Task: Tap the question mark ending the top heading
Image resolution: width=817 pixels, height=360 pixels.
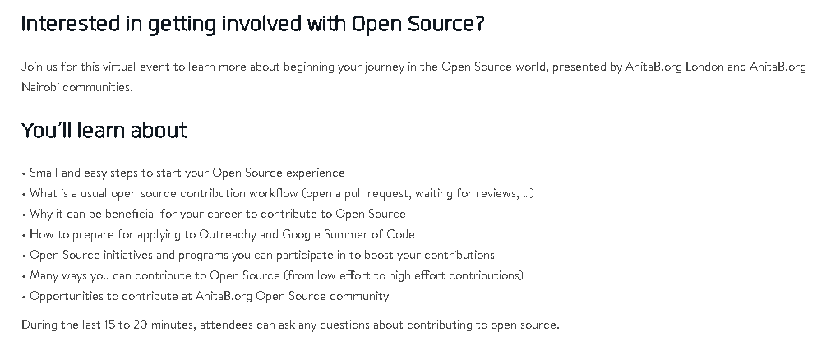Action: [479, 24]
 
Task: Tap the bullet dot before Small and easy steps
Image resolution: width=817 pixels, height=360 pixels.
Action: [24, 173]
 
